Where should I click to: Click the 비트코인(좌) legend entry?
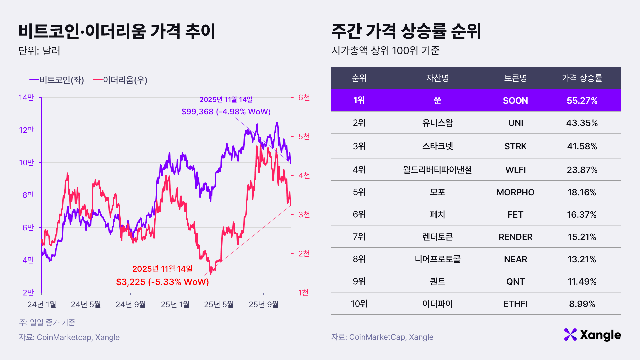click(57, 80)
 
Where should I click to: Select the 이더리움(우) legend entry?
click(120, 80)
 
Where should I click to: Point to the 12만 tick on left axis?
click(27, 130)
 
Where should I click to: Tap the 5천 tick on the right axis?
click(304, 136)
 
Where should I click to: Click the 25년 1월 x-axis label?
click(175, 304)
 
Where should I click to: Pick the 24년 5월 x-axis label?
click(86, 304)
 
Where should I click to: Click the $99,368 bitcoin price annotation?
click(226, 111)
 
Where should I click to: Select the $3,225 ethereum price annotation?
click(162, 282)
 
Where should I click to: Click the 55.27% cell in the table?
click(582, 101)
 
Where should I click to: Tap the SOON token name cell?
click(515, 101)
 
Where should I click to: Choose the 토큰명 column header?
click(515, 78)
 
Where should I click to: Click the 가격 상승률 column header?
click(582, 78)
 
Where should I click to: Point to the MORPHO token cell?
click(515, 192)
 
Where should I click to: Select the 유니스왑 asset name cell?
click(437, 123)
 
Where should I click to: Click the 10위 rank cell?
click(359, 304)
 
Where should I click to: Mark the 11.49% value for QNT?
click(582, 282)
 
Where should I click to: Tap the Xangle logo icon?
click(570, 335)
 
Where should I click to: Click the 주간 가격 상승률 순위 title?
click(406, 31)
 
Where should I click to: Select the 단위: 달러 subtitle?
click(39, 51)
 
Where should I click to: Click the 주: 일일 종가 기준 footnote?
click(47, 322)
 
